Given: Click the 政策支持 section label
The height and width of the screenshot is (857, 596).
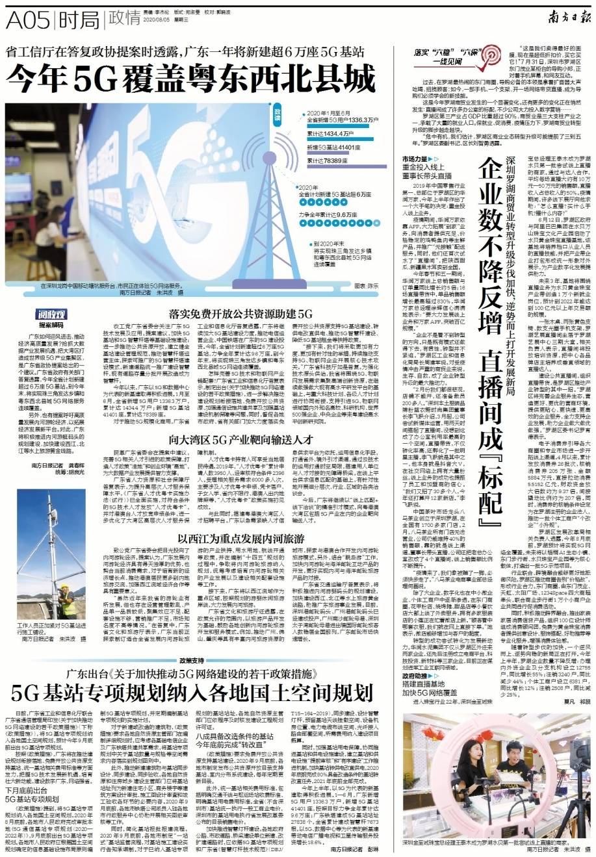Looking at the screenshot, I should tap(196, 659).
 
